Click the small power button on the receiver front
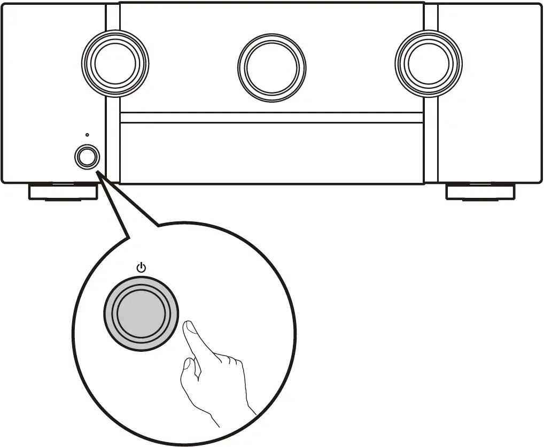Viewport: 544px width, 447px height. click(x=87, y=157)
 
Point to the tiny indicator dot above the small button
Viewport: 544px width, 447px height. click(x=87, y=135)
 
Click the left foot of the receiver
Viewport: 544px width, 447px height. click(x=63, y=192)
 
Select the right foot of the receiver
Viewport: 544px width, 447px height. click(x=481, y=192)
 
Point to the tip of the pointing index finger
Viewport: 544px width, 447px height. click(x=187, y=326)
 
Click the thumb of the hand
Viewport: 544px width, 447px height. click(x=187, y=369)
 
